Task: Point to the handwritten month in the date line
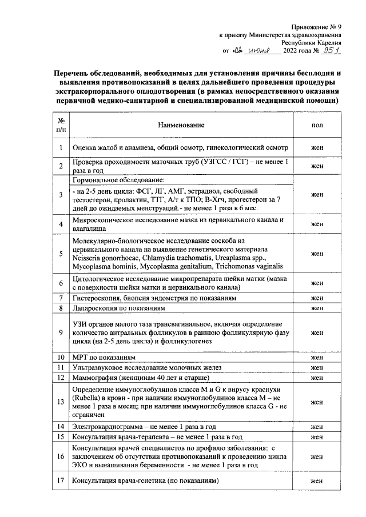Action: pos(260,51)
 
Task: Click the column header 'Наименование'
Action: pos(182,125)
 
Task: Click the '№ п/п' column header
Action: pos(60,125)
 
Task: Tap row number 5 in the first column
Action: pos(60,254)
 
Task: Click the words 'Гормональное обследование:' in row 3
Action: pos(118,180)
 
